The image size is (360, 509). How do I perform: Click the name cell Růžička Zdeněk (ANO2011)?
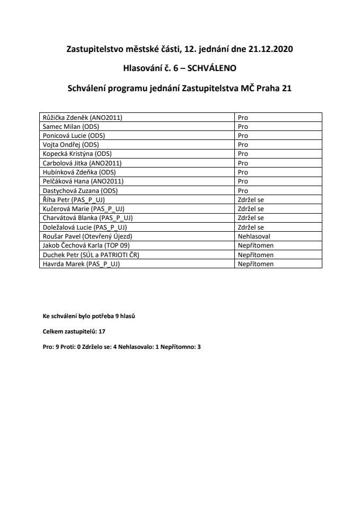click(81, 118)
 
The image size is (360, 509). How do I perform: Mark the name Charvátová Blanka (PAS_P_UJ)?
click(85, 217)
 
